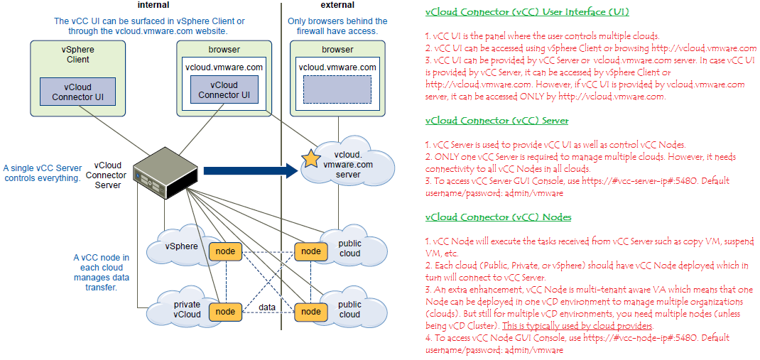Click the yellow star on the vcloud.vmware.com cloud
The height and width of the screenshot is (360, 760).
pos(311,158)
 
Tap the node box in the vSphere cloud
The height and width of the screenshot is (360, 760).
pos(225,251)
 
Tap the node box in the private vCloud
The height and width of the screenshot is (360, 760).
pos(225,311)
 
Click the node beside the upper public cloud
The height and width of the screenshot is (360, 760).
pos(310,251)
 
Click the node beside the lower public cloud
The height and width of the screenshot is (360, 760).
pos(310,311)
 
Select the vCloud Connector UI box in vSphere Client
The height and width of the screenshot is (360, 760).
pos(77,92)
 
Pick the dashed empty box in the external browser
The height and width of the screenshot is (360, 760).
pos(337,90)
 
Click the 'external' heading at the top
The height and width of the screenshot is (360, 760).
pos(337,5)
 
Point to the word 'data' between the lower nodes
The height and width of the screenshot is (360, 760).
pos(267,307)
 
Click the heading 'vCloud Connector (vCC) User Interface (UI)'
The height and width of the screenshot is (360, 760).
pos(526,12)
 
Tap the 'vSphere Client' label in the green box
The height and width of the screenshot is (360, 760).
pos(77,55)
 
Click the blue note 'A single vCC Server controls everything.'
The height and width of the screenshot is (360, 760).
pos(42,173)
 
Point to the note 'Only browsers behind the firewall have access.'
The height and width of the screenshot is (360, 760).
pos(337,26)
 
